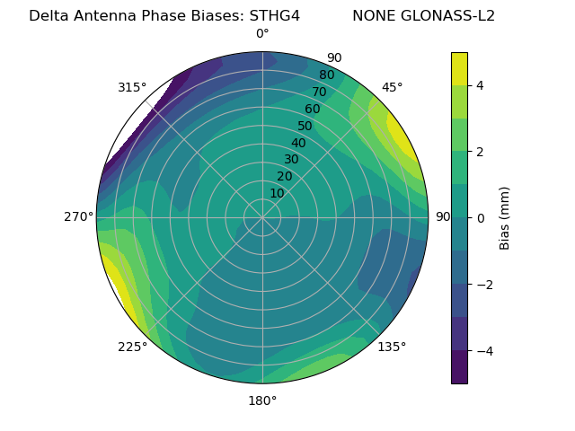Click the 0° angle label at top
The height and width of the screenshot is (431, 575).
click(262, 34)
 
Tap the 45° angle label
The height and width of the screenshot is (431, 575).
click(392, 87)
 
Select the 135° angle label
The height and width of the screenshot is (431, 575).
click(392, 347)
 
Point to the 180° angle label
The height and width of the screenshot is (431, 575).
click(262, 400)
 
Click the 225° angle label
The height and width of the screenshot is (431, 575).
click(132, 347)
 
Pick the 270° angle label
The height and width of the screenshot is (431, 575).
click(78, 216)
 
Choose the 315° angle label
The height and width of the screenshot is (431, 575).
click(132, 87)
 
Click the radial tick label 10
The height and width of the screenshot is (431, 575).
click(277, 193)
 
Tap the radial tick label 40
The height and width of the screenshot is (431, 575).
click(298, 143)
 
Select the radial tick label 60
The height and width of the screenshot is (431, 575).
click(312, 110)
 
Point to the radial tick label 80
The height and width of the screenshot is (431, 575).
click(326, 75)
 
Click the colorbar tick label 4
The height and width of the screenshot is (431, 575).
click(481, 85)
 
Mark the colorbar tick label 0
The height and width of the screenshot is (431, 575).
click(481, 218)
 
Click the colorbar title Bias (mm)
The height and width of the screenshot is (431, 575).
click(505, 218)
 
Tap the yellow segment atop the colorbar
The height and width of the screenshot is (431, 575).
click(459, 68)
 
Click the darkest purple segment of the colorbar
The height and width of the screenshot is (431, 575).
click(459, 367)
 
